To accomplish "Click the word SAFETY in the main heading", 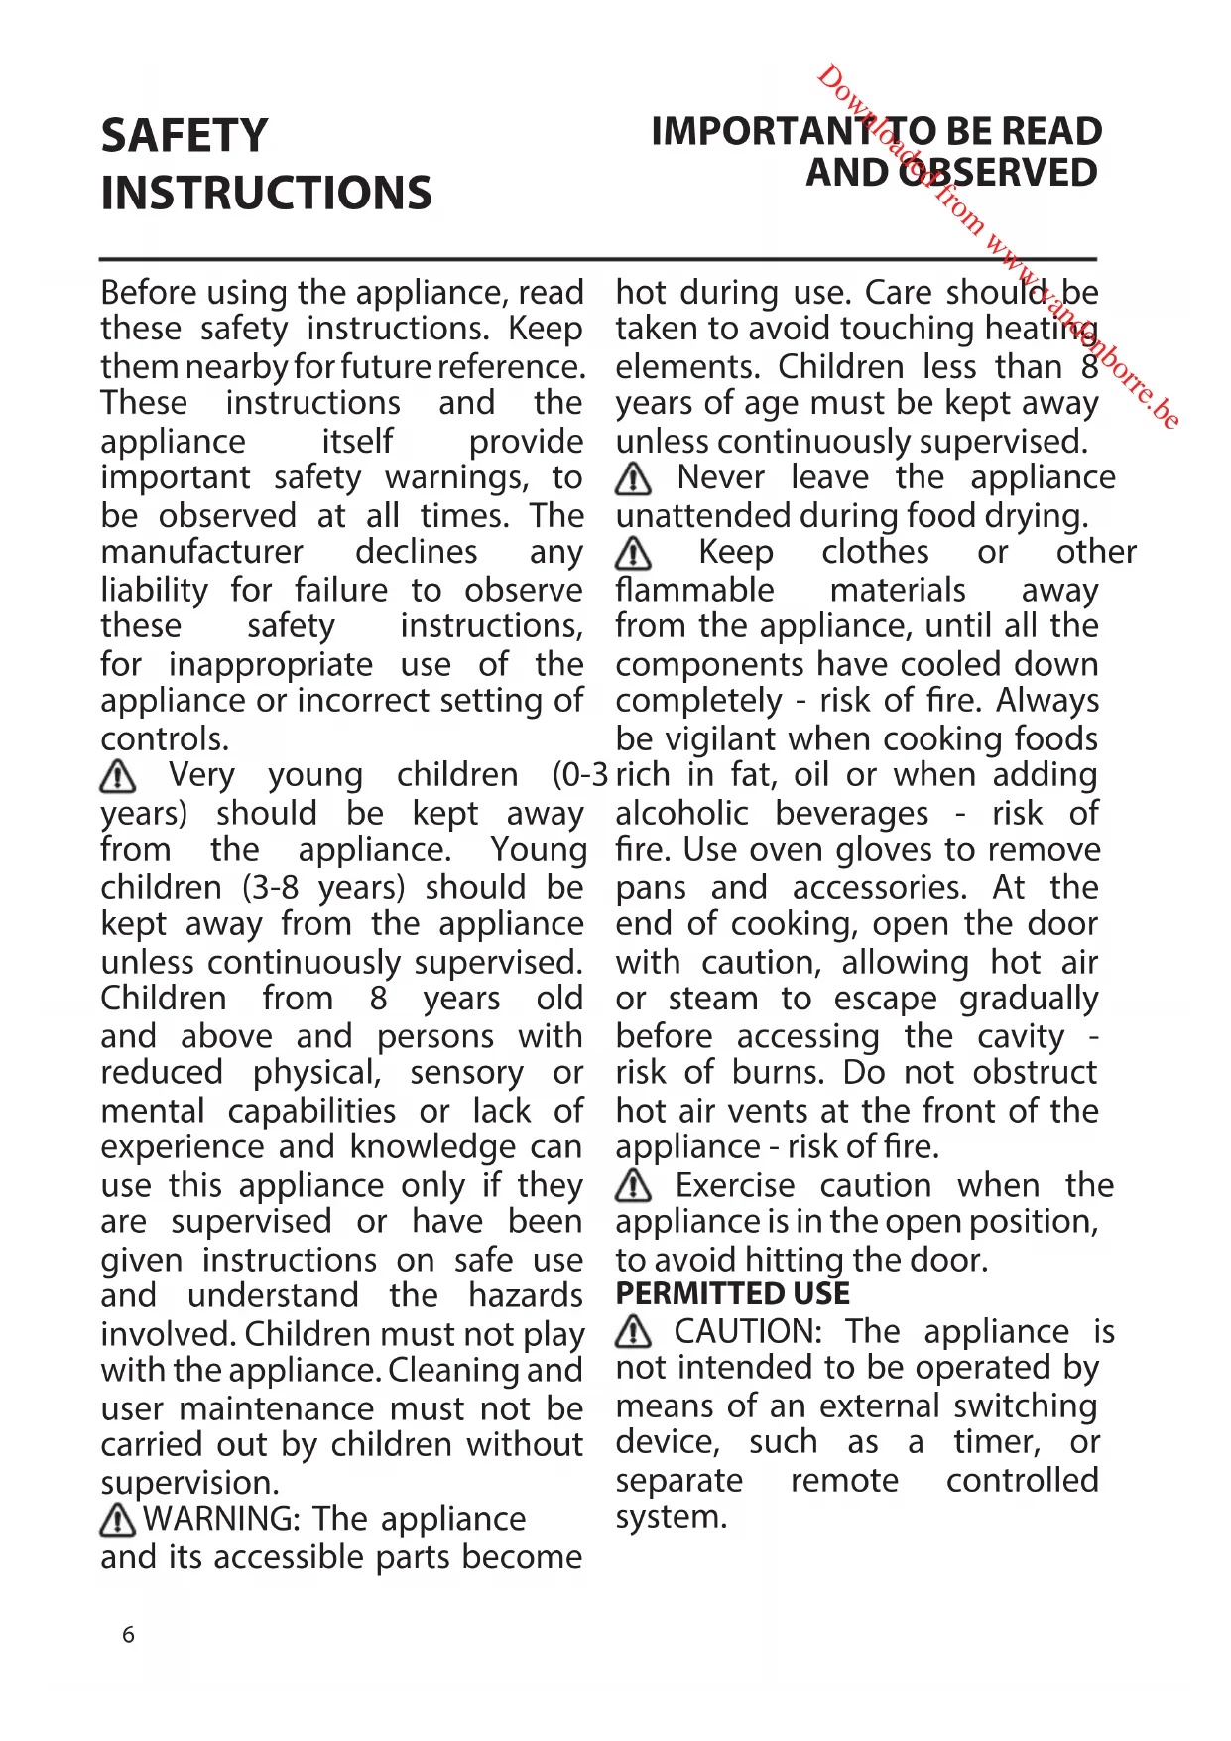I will (x=185, y=136).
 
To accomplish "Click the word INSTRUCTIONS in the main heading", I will (x=266, y=194).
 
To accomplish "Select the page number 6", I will (x=128, y=1635).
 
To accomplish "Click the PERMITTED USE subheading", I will (x=732, y=1294).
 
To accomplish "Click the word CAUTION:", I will (x=748, y=1331).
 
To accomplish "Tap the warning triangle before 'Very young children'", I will (x=118, y=775).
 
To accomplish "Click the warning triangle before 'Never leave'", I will (x=633, y=479).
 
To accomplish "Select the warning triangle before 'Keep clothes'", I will (x=633, y=553).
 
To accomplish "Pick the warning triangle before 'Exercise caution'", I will (x=633, y=1185).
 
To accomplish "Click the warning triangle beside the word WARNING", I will (x=118, y=1519).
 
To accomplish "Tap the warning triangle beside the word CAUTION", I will (x=633, y=1331).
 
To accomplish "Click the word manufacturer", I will (x=201, y=552).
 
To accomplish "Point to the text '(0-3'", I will (x=579, y=775).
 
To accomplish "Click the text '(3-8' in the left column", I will (x=270, y=887).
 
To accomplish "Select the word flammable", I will (x=694, y=590).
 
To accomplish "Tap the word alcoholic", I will (x=681, y=814).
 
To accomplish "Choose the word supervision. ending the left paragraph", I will (x=189, y=1483).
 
